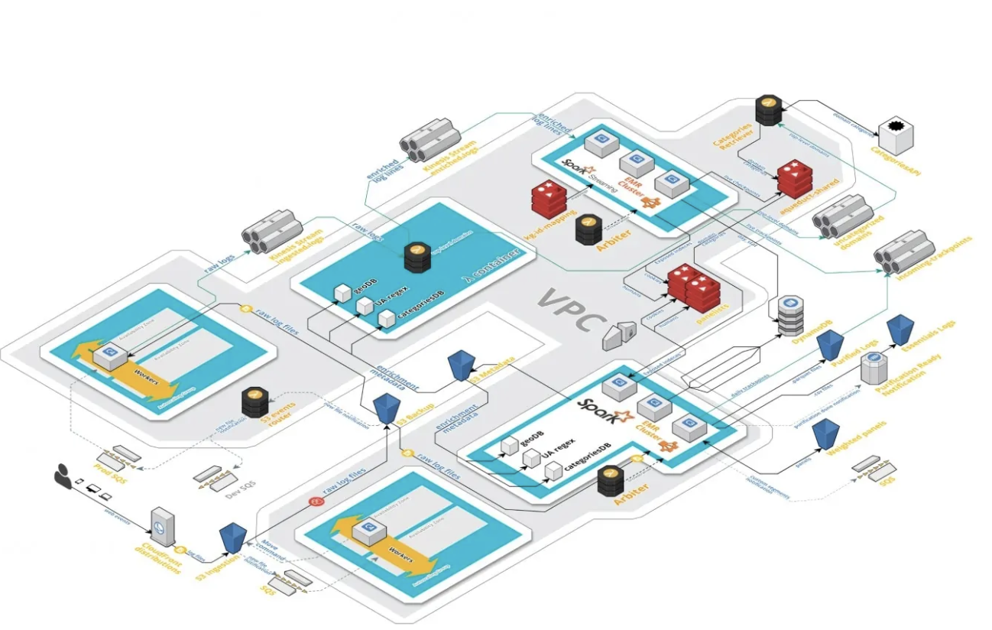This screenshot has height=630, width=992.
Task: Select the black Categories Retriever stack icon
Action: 768,110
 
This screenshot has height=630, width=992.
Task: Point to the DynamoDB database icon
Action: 789,316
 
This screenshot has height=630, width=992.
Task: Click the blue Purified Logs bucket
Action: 829,346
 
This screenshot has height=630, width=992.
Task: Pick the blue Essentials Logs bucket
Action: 900,329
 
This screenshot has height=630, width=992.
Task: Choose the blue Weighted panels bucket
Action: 825,434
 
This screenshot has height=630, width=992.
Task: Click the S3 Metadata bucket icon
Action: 462,365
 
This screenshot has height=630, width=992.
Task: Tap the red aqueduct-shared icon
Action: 793,178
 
